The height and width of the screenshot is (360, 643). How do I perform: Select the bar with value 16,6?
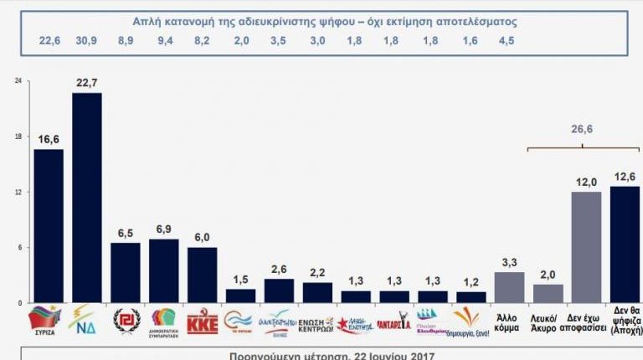point(49,226)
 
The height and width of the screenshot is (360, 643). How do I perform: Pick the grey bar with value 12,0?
point(586,247)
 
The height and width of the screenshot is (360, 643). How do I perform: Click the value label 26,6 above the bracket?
point(583,130)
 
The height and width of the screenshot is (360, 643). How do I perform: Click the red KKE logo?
point(202,321)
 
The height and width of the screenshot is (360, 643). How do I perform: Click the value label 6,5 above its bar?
point(126,234)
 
